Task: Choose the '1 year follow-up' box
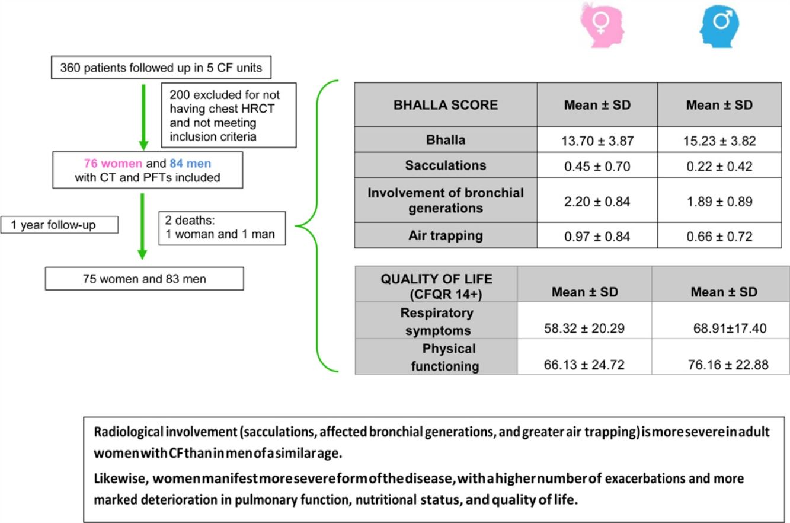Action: coord(60,225)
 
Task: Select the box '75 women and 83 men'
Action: coord(144,278)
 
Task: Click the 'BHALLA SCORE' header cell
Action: coord(446,105)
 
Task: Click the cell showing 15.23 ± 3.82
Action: coord(719,140)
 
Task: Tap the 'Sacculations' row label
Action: coord(446,165)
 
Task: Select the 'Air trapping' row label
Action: coord(446,235)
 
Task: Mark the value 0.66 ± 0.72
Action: coord(719,237)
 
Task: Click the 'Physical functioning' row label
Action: coord(437,356)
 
